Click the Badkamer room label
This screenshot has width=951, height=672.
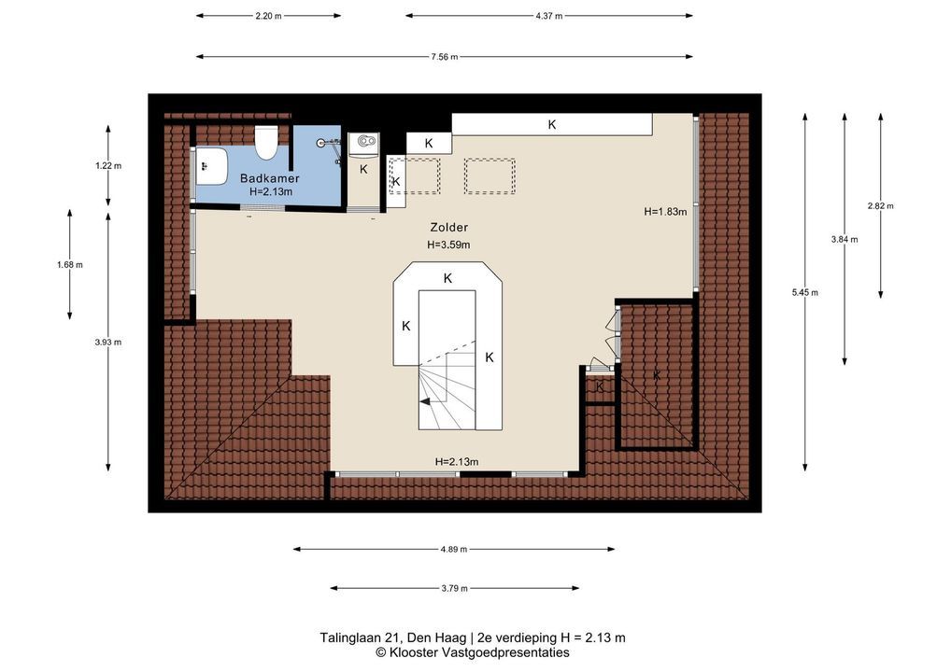tap(269, 178)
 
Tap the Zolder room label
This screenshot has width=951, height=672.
tap(448, 227)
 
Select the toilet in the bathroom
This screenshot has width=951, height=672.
tap(265, 143)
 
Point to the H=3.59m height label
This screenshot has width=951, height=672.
tap(448, 245)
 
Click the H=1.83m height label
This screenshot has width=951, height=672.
tap(665, 212)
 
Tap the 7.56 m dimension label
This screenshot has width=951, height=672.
tap(445, 57)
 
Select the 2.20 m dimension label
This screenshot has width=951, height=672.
tap(268, 16)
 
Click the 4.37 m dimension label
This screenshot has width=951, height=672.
tap(549, 16)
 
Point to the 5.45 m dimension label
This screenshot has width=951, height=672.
tap(805, 292)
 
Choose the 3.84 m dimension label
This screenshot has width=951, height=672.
tap(845, 239)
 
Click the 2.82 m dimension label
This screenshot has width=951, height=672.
tap(880, 205)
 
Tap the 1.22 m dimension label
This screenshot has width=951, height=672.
tap(108, 165)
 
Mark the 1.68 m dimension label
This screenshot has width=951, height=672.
tap(70, 264)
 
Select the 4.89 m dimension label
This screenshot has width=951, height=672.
tap(454, 549)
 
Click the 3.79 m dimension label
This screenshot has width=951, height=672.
tap(454, 588)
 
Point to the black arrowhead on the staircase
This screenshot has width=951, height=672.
tap(425, 400)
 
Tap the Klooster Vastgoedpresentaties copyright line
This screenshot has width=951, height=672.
tap(473, 652)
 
